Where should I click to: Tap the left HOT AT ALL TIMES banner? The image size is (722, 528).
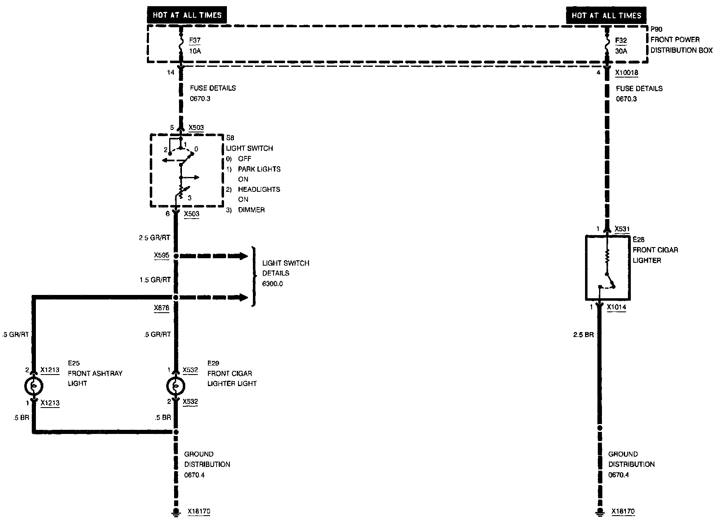pos(187,15)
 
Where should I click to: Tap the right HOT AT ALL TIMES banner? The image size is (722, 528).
pos(606,16)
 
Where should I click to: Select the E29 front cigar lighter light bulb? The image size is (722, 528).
pos(175,386)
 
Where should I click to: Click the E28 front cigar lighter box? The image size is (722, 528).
pos(607,267)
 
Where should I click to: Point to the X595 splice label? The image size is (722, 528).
pos(161,255)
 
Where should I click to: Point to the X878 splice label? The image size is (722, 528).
pos(161,308)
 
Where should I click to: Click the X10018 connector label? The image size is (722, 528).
pos(627,73)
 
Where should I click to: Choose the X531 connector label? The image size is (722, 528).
pos(622,229)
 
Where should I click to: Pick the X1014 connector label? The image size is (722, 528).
pos(616,307)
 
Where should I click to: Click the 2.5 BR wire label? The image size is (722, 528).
pos(583,335)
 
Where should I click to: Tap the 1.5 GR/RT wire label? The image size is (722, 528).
pos(155,280)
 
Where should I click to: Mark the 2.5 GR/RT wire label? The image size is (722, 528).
pos(155,238)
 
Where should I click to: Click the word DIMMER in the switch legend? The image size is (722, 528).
pos(251,210)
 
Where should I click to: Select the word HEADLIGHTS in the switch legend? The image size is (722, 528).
pos(259,189)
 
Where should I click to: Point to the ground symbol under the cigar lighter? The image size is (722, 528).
pos(599,512)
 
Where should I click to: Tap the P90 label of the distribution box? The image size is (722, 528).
pos(656,29)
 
